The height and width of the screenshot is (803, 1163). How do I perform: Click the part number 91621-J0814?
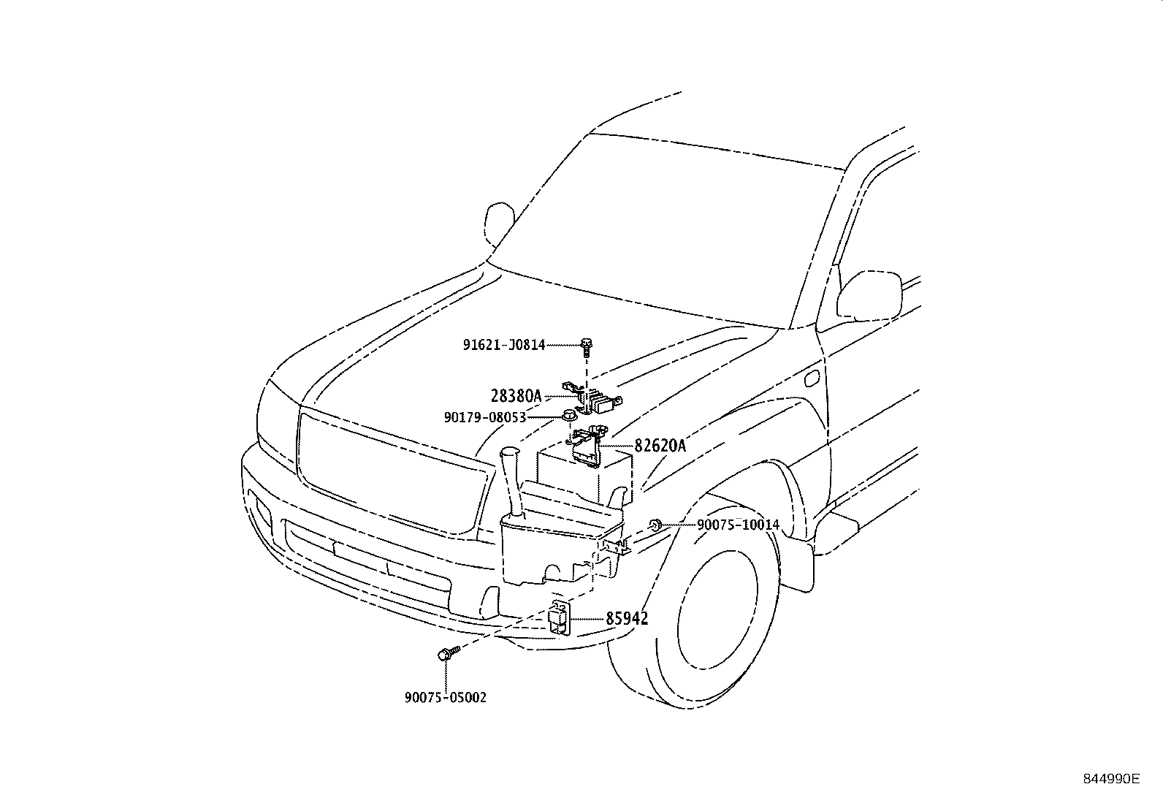503,345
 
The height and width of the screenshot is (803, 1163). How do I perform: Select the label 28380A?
516,396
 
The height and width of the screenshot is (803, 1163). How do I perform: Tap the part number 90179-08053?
484,417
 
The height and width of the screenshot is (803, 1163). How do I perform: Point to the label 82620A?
660,445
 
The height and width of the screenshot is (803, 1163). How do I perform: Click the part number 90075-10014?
738,525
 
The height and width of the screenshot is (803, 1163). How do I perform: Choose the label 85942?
627,619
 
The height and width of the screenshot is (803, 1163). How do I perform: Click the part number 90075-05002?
445,697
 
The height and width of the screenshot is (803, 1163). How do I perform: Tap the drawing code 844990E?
1110,779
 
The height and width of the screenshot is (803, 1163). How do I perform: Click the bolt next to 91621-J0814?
586,346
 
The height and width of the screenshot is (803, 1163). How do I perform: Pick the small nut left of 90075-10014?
655,524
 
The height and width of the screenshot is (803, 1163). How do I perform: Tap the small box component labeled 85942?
560,618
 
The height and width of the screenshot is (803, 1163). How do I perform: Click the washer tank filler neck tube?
510,482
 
